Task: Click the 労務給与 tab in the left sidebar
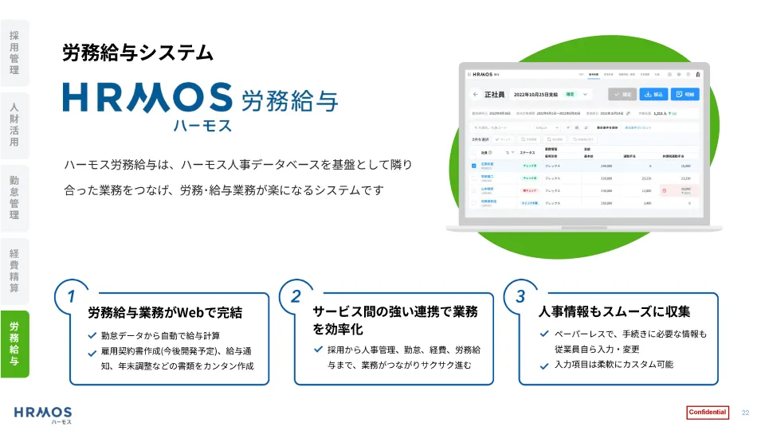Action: click(x=14, y=343)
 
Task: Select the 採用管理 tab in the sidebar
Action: click(x=14, y=53)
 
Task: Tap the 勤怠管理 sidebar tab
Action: click(x=14, y=198)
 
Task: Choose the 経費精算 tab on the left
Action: click(x=14, y=271)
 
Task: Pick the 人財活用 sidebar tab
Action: click(x=14, y=125)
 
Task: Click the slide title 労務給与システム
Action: click(x=138, y=53)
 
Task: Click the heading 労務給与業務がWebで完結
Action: click(x=165, y=312)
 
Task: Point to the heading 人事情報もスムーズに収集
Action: click(x=614, y=311)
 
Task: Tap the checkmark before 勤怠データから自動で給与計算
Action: click(x=92, y=335)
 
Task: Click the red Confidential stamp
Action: click(x=707, y=412)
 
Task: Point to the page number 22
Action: click(x=746, y=412)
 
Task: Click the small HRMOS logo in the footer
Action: click(x=43, y=414)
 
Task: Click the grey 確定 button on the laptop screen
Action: click(x=622, y=94)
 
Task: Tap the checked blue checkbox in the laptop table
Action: click(x=474, y=166)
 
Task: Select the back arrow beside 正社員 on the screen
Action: click(x=476, y=94)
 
